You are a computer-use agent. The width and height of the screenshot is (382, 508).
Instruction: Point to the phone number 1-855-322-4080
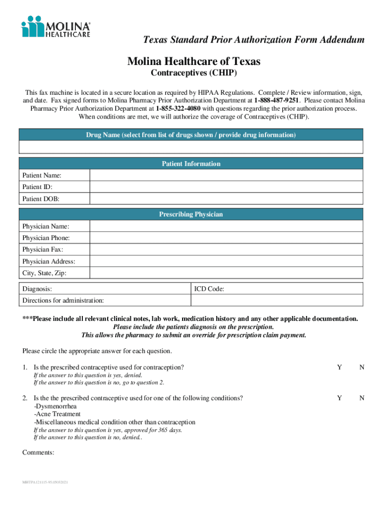[x=178, y=109]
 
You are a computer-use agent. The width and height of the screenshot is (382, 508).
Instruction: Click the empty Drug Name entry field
[x=191, y=147]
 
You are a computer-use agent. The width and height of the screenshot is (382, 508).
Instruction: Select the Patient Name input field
[x=226, y=176]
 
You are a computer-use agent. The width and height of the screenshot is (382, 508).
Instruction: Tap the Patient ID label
[x=37, y=187]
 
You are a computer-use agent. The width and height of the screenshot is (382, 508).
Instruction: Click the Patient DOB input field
[x=226, y=199]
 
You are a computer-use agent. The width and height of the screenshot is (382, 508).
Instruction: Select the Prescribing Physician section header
[x=191, y=214]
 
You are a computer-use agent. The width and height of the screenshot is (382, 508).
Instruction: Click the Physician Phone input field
[x=226, y=238]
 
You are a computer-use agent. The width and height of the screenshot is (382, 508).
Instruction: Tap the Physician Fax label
[x=43, y=250]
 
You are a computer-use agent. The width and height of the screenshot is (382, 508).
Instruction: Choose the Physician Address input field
[x=226, y=261]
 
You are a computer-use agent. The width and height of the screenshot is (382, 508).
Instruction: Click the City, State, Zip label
[x=44, y=273]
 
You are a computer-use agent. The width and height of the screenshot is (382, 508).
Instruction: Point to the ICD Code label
[x=209, y=289]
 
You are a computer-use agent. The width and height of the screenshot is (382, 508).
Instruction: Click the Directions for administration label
[x=63, y=300]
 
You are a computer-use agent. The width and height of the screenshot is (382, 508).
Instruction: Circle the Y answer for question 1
[x=339, y=368]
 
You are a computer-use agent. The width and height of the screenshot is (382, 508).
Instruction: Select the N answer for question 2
[x=362, y=398]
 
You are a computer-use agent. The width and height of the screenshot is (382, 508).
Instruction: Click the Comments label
[x=38, y=453]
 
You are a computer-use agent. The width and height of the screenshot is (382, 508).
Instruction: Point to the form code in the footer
[x=46, y=482]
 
